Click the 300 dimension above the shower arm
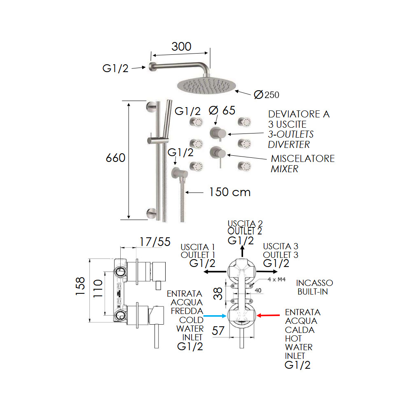click(181, 47)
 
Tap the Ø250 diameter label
click(267, 95)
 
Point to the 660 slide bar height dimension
click(115, 158)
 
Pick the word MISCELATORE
click(303, 159)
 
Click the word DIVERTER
click(288, 144)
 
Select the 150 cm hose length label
click(229, 192)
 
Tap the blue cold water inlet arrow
click(215, 316)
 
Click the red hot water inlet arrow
click(269, 316)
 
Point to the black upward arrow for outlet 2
click(242, 251)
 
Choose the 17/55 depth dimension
click(154, 242)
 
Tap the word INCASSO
click(315, 283)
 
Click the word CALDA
click(300, 330)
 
